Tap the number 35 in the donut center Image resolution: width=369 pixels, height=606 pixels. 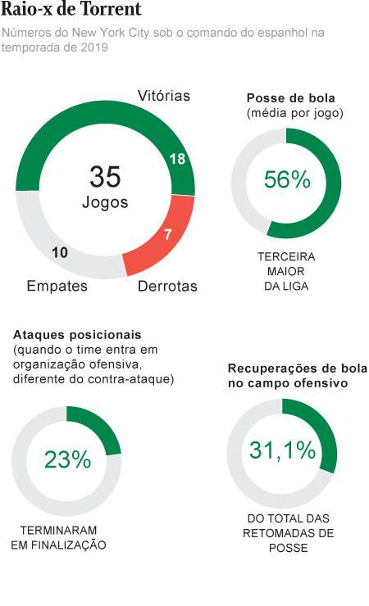pos(105,176)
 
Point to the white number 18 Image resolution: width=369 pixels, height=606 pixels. pos(177,160)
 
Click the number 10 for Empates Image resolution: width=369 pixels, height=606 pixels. pos(59,252)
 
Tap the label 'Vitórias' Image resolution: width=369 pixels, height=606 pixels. pos(164,96)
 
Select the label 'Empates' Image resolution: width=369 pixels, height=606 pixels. pos(57,287)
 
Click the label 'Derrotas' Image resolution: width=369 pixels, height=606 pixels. pos(167,287)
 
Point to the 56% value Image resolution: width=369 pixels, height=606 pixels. pos(287,180)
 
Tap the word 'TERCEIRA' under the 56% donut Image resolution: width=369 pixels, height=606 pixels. pos(286,256)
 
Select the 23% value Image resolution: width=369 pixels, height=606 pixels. pos(67,460)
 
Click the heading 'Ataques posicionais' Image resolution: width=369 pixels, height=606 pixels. pos(77,335)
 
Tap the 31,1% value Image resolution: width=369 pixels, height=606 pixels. pos(281,450)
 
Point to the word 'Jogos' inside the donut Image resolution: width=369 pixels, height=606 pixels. pos(105,202)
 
